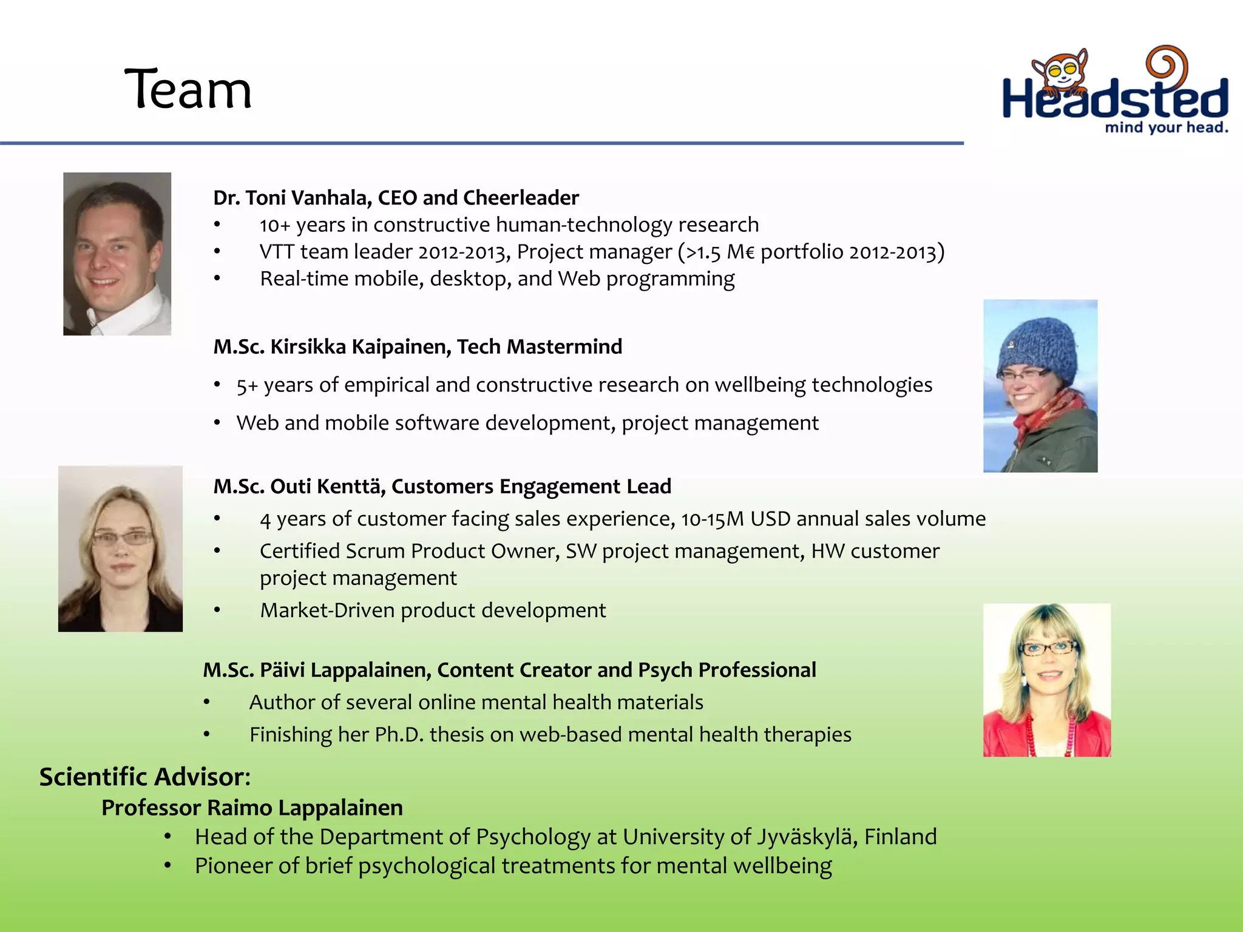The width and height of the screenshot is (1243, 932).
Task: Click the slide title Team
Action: tap(188, 90)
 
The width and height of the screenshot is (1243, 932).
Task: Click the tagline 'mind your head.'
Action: tap(1166, 127)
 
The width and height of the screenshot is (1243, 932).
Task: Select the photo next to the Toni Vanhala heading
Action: tap(117, 254)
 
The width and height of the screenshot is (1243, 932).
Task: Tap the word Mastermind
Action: tap(564, 346)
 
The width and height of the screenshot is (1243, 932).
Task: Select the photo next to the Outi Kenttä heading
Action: tap(120, 549)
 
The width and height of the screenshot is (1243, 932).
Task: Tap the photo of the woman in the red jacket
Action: tap(1046, 680)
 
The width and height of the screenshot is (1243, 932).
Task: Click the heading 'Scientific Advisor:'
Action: tap(145, 777)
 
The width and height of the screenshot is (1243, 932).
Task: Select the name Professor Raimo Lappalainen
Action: tap(252, 808)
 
